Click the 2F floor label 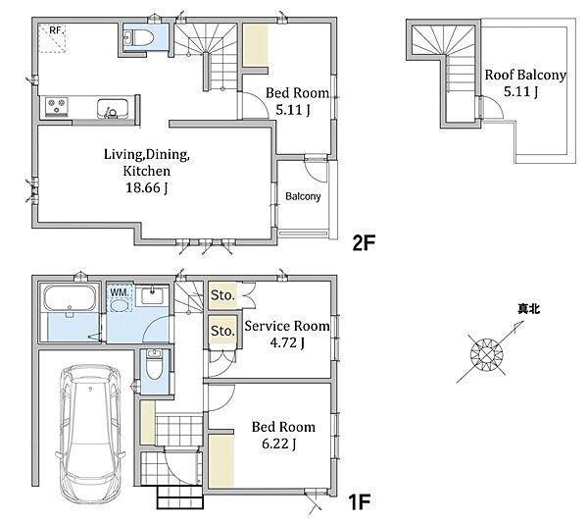pos(364,243)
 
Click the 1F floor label pos(360,502)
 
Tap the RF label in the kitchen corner pos(55,30)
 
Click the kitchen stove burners pos(57,106)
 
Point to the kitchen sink pos(112,109)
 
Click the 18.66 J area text pos(146,187)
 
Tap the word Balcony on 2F pos(303,196)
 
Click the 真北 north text pos(528,309)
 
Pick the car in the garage pos(90,434)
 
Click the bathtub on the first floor pos(70,298)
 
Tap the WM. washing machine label pos(120,291)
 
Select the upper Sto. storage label pos(222,295)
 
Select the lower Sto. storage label pos(222,331)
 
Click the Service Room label pos(287,326)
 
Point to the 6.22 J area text pos(279,444)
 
